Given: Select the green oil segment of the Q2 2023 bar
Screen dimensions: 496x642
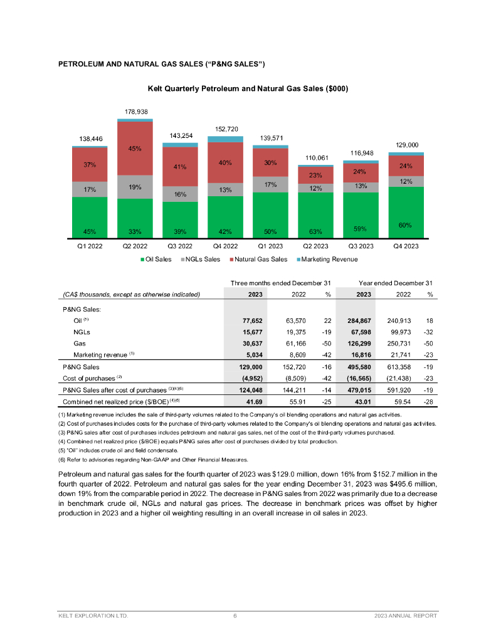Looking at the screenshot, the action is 315,216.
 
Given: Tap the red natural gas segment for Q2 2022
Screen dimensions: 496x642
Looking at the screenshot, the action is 135,149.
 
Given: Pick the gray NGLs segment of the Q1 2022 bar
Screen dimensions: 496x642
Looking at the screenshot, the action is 90,189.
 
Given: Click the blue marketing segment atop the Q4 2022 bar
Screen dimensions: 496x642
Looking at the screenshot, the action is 225,139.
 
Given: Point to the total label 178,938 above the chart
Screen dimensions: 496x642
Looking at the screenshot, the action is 137,112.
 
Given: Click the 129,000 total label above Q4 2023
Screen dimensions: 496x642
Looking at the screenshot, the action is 407,145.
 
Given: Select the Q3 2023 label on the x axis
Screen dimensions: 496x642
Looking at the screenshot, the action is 361,246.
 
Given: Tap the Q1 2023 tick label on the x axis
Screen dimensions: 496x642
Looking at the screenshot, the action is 270,246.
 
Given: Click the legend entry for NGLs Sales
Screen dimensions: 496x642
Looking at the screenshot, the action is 201,259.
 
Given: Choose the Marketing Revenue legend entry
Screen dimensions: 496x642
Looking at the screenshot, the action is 327,259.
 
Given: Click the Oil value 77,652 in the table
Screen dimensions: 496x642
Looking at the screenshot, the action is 253,321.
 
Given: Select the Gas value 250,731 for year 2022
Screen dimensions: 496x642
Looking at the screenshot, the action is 399,344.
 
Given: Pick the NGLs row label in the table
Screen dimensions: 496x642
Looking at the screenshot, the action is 82,332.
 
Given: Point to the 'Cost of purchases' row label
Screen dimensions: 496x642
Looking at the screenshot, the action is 89,378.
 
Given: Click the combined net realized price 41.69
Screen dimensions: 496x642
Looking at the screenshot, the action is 255,402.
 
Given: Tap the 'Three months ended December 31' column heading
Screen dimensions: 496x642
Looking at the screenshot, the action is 280,283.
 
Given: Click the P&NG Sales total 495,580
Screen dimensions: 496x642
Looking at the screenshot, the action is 359,367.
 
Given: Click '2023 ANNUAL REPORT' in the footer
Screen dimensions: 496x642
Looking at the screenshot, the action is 406,616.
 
